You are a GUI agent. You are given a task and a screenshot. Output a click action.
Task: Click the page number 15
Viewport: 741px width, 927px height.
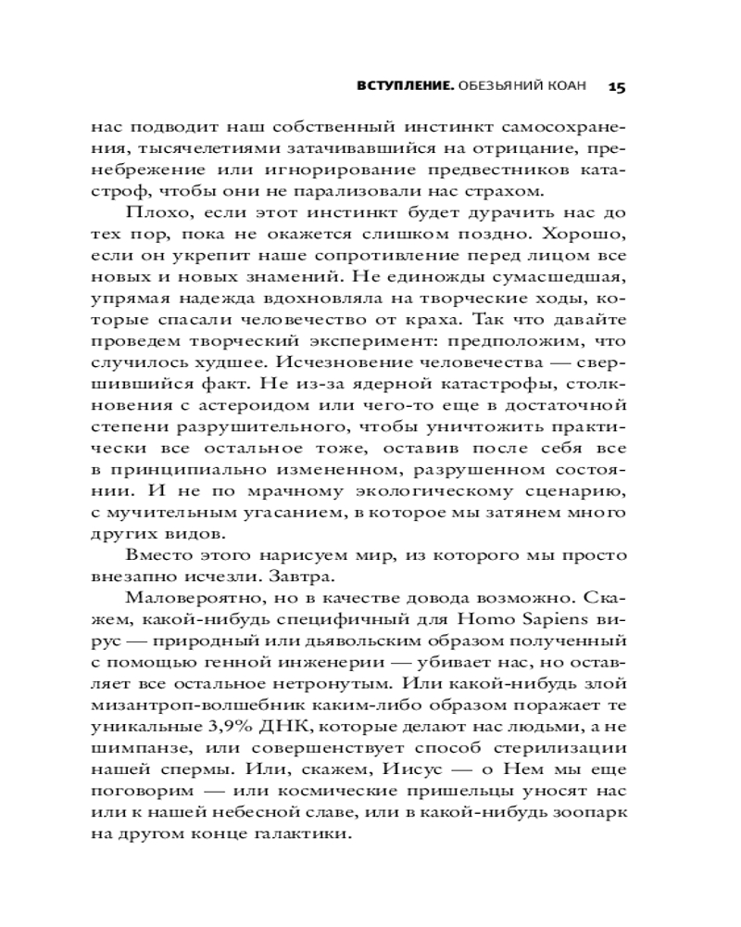click(618, 86)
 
